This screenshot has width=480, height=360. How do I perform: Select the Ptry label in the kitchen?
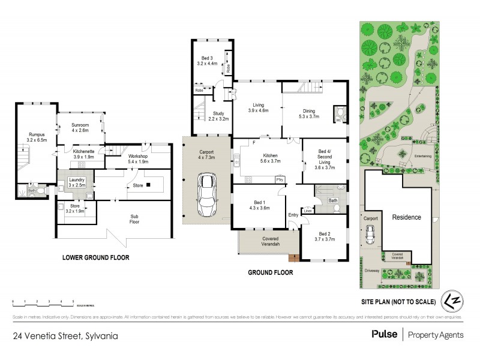click(x=280, y=179)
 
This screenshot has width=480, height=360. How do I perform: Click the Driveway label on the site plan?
click(x=372, y=271)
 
